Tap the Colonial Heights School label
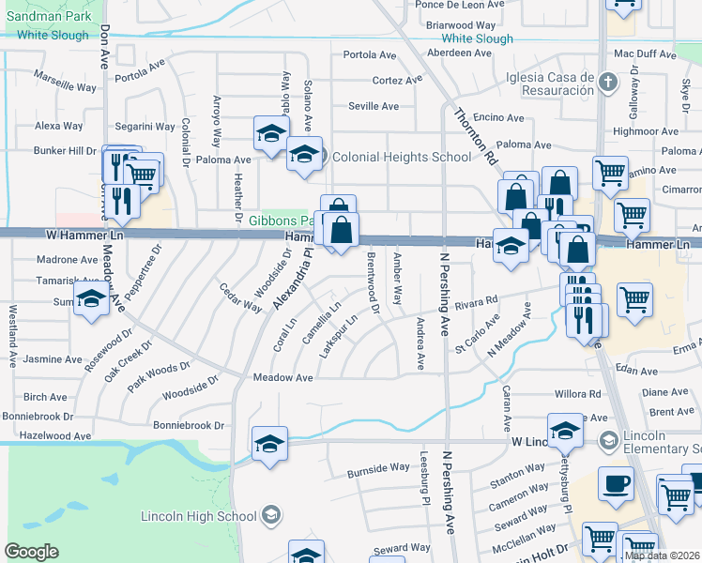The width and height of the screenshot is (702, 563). coord(402,157)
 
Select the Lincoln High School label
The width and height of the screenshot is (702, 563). coord(198,515)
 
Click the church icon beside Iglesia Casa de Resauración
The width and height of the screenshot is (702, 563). coord(608,83)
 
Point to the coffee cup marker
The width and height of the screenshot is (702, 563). coord(615,483)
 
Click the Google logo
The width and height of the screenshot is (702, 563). coord(31,552)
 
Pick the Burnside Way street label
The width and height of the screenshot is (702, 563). coord(378,467)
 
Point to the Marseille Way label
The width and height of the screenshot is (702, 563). coord(65,80)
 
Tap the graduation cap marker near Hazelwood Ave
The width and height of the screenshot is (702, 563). coord(269,443)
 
